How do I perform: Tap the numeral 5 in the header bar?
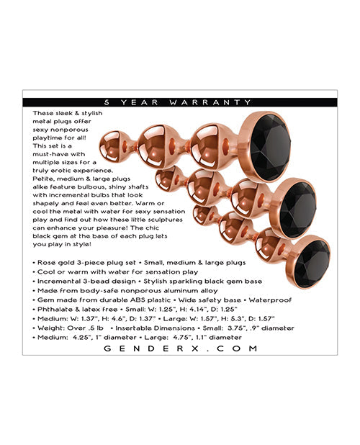127,102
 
